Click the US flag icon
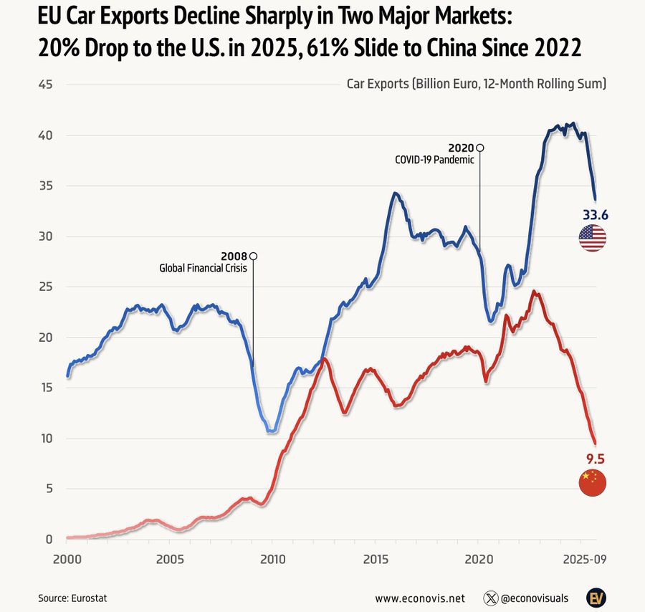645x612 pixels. tap(592, 238)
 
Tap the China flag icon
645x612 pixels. tap(592, 484)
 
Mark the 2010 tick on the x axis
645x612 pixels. tap(272, 559)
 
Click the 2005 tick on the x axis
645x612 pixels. tap(169, 559)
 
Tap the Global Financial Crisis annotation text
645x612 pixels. tap(203, 269)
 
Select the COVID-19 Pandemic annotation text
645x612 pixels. tap(434, 160)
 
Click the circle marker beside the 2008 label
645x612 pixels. tap(253, 256)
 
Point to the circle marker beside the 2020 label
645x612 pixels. tap(480, 147)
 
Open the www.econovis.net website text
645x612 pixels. tap(420, 597)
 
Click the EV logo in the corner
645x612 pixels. tap(596, 597)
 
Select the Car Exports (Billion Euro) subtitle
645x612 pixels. tap(477, 84)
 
